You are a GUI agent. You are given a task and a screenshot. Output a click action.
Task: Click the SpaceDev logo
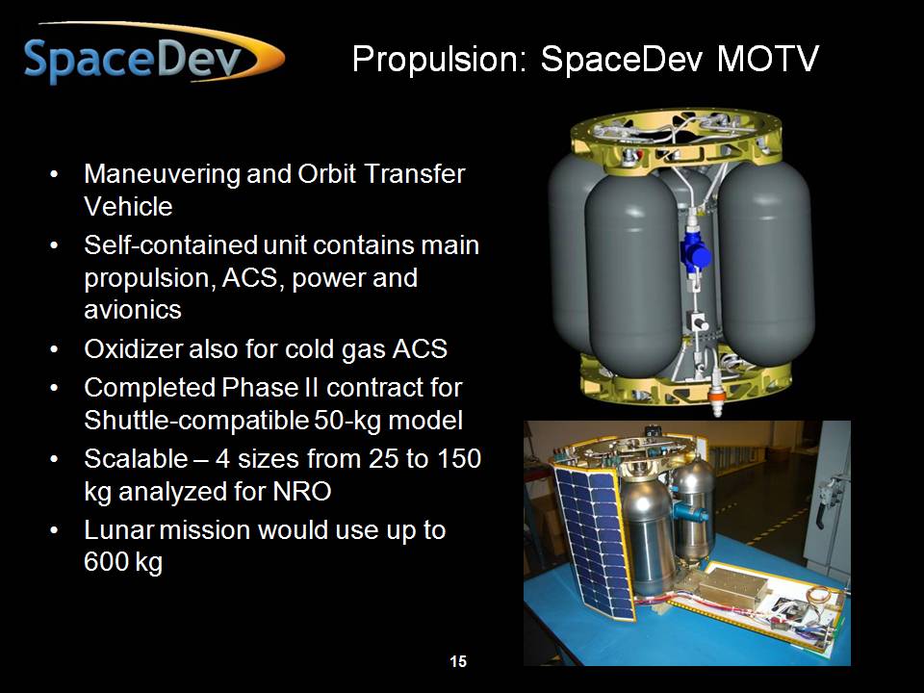(x=154, y=54)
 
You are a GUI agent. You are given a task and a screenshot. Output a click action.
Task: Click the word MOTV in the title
(x=768, y=59)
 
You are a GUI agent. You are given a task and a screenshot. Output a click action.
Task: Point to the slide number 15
(x=458, y=661)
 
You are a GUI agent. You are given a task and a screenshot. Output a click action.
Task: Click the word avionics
(x=133, y=309)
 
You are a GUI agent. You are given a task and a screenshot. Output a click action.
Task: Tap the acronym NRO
(x=302, y=491)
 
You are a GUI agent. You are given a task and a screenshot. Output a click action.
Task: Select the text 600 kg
(x=122, y=561)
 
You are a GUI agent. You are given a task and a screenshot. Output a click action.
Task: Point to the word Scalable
(x=136, y=458)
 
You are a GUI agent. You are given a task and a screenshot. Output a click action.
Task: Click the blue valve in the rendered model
(x=695, y=253)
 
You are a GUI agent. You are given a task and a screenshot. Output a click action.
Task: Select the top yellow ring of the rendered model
(x=677, y=139)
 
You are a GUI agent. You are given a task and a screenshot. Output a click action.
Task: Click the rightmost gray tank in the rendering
(x=766, y=262)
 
